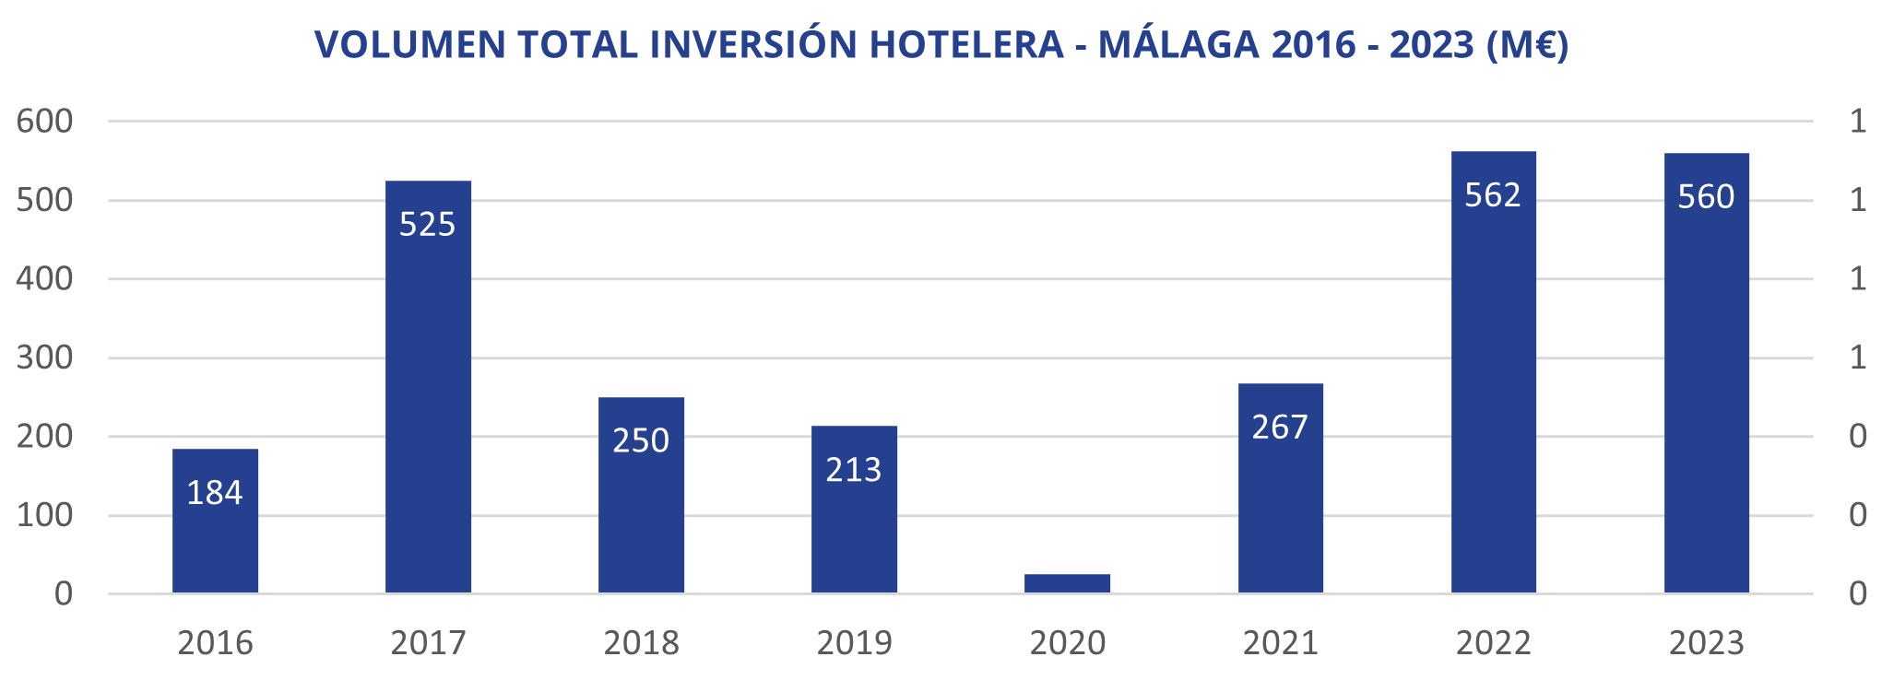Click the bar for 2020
click(1067, 583)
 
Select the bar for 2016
click(215, 521)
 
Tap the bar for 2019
click(854, 509)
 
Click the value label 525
click(428, 225)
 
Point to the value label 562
click(1493, 195)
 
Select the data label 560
click(1706, 197)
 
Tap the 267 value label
click(1280, 428)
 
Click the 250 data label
click(641, 441)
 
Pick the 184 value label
click(215, 493)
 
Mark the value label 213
click(854, 471)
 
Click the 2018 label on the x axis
click(641, 643)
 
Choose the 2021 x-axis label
click(1280, 643)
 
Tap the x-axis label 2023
click(1706, 643)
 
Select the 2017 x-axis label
click(428, 643)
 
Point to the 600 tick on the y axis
click(44, 122)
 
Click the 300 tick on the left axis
click(44, 358)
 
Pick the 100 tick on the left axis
click(44, 515)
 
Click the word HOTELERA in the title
click(966, 44)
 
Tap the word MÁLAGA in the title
click(1178, 44)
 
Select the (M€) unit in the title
click(1527, 44)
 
